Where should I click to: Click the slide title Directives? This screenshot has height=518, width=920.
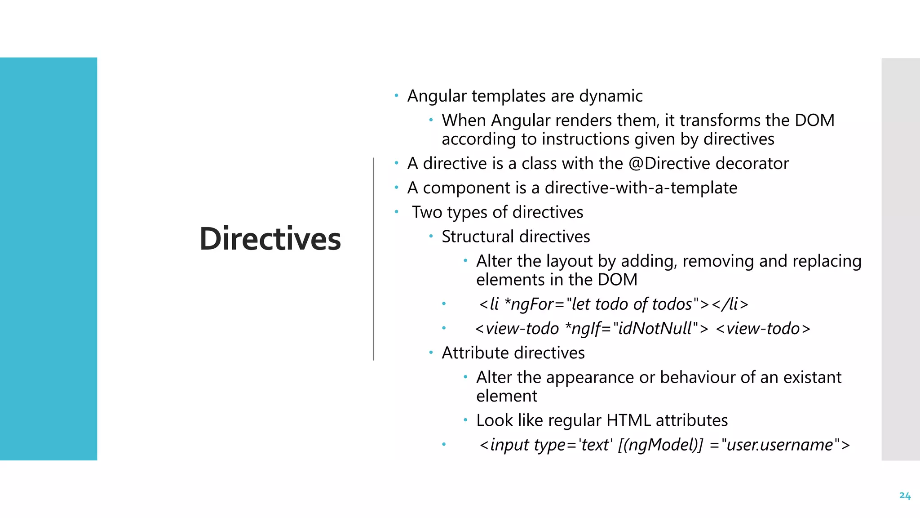pyautogui.click(x=270, y=239)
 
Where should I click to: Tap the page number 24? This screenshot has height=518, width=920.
pyautogui.click(x=905, y=496)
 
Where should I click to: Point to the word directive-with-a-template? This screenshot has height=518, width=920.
pyautogui.click(x=641, y=188)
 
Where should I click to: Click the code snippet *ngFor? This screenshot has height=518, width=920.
pyautogui.click(x=529, y=304)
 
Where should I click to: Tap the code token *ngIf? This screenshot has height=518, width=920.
pyautogui.click(x=582, y=329)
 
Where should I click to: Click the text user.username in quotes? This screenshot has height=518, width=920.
pyautogui.click(x=779, y=445)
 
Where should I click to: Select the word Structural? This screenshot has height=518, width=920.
pyautogui.click(x=478, y=237)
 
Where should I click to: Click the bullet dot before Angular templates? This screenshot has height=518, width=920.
pyautogui.click(x=396, y=95)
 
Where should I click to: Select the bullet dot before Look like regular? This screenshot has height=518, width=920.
pyautogui.click(x=465, y=420)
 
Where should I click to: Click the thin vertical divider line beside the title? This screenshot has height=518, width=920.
pyautogui.click(x=373, y=259)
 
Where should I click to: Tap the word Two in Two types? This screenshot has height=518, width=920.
pyautogui.click(x=427, y=212)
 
